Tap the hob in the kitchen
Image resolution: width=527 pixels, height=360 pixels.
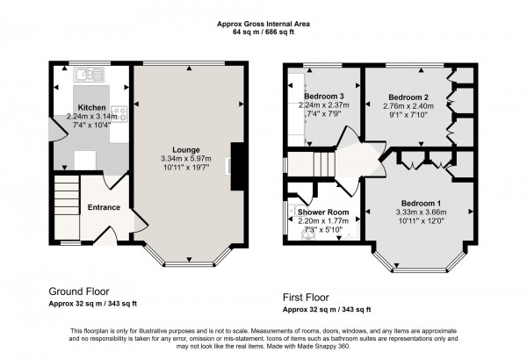(x=119, y=112)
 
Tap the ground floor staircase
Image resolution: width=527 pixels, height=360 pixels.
(x=66, y=197)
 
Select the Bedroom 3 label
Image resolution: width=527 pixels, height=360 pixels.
(x=323, y=97)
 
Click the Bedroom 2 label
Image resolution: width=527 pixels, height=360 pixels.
(x=408, y=97)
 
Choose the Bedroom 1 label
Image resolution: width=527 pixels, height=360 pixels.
(x=421, y=204)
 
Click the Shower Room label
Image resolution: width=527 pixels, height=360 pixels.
(x=323, y=212)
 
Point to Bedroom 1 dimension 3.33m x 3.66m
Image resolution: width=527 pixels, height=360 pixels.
(x=421, y=212)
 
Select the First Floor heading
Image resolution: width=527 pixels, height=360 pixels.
(x=310, y=298)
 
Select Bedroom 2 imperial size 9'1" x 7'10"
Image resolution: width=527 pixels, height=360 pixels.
(x=408, y=114)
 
